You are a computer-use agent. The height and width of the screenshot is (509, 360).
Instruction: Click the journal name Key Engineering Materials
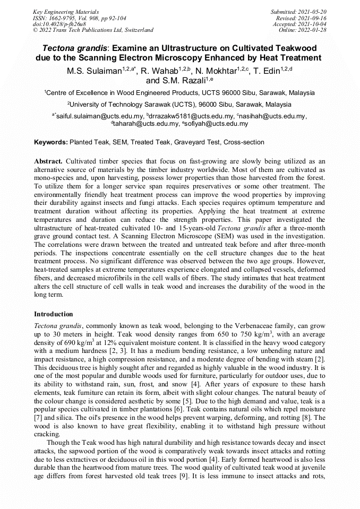[67, 11]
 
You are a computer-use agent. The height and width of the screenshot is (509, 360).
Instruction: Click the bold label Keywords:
[51, 142]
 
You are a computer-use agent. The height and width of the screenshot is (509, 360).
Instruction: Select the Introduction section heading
[54, 314]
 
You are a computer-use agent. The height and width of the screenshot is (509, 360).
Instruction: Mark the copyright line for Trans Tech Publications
[93, 30]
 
